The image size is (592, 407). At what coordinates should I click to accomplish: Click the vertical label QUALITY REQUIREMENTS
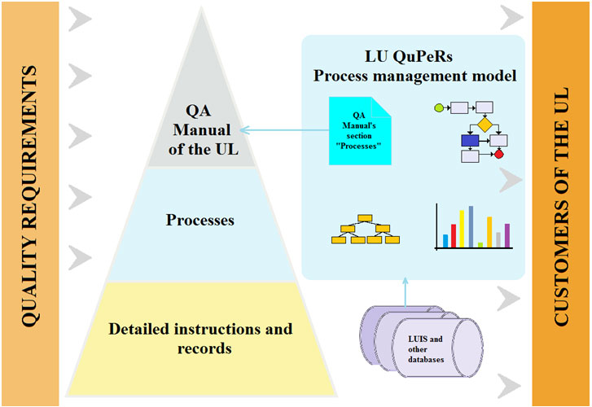point(29,196)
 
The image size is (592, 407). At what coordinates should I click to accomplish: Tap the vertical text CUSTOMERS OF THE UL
point(561,206)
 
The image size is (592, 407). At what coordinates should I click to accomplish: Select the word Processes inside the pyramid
point(200,220)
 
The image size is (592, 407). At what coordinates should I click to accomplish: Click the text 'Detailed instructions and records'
point(200,339)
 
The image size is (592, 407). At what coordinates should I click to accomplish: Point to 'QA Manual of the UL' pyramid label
point(203,130)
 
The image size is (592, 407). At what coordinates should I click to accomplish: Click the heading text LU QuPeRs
point(409,57)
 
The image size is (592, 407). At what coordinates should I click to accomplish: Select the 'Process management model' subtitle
point(414,76)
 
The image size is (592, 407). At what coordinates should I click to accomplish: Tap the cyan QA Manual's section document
point(360,130)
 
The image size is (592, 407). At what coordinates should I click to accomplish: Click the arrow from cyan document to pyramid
point(284,130)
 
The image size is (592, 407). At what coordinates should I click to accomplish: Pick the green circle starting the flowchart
point(439,108)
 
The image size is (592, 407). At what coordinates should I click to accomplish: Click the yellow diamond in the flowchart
point(485,125)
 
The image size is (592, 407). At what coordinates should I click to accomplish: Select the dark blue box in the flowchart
point(470,141)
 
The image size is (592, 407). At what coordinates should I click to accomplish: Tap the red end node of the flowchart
point(498,154)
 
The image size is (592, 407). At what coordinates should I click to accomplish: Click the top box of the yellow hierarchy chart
point(365,218)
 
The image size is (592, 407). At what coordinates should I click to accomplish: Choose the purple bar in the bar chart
point(507,235)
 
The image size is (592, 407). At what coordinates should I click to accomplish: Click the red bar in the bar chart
point(454,236)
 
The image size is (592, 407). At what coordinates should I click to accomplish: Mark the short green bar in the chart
point(480,245)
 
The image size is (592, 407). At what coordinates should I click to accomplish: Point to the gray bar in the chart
point(498,240)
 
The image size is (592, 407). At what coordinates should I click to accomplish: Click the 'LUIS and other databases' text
point(426,349)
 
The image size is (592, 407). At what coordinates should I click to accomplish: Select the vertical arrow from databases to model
point(405,292)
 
